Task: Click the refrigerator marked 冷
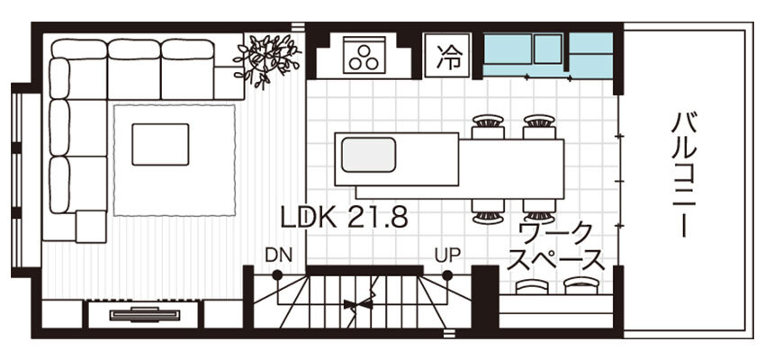click(447, 55)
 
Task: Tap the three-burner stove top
click(364, 54)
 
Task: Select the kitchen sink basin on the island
click(368, 155)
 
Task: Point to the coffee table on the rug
click(160, 144)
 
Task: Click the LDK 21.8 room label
click(344, 218)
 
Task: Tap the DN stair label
click(279, 255)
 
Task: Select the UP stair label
click(447, 255)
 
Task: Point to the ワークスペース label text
click(556, 247)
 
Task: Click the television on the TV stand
click(145, 314)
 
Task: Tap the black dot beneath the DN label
click(277, 275)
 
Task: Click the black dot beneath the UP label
click(447, 275)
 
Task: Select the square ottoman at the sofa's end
click(91, 227)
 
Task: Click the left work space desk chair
click(532, 286)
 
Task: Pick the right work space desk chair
click(581, 286)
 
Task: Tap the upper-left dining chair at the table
click(488, 127)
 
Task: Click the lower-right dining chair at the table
click(539, 211)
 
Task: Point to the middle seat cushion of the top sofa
click(134, 69)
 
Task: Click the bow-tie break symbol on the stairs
click(357, 305)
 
